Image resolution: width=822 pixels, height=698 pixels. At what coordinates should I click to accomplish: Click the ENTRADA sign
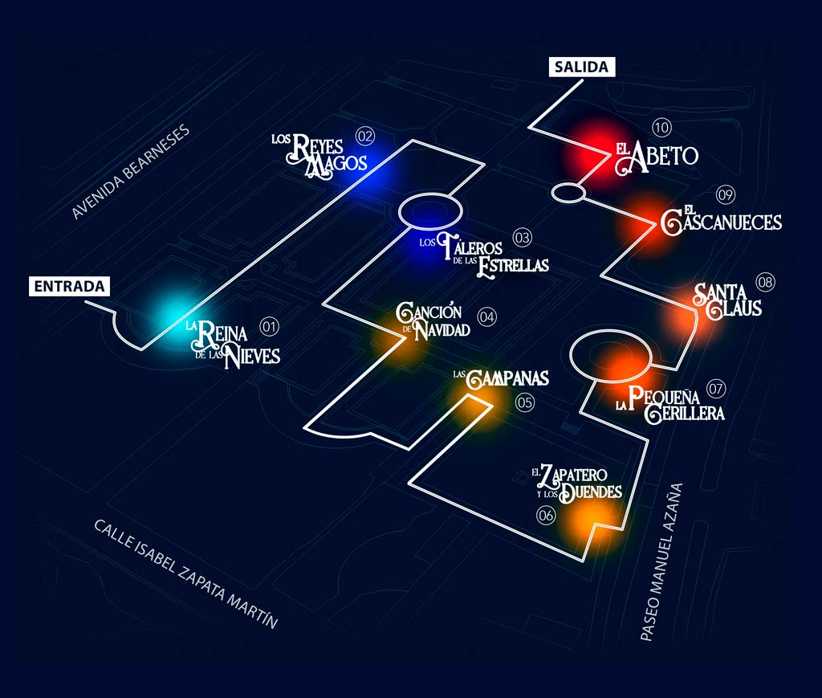coord(69,286)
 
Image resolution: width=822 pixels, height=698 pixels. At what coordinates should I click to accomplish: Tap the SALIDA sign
coord(582,67)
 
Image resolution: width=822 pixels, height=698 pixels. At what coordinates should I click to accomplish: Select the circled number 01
coord(270,327)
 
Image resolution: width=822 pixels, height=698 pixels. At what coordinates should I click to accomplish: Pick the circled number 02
coord(365,137)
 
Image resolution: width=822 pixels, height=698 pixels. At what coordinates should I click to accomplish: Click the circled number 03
coord(522,238)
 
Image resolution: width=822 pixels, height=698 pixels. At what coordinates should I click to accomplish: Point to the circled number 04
coord(487,316)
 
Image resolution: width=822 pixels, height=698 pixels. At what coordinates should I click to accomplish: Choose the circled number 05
coord(525,402)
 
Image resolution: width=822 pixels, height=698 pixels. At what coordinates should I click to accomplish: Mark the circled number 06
coord(546,515)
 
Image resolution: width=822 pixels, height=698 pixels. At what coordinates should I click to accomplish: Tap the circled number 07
coord(716,389)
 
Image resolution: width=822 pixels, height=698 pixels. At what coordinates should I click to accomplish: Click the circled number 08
coord(765,282)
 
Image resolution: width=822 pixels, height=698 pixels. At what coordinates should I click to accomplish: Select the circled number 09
coord(726,195)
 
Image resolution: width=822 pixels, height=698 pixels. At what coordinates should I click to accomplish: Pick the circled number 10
coord(661,127)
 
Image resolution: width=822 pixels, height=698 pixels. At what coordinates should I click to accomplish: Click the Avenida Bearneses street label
coord(130,172)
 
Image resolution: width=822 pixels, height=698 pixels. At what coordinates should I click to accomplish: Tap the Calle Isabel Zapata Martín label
coord(185,574)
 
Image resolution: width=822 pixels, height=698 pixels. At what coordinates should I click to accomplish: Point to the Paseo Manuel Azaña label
coord(661,561)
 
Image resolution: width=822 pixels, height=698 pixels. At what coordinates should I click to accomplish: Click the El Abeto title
coord(657,157)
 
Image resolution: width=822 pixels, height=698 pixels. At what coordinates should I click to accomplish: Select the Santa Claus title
coord(727,301)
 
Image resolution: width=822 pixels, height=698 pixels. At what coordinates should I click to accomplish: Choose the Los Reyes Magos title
coord(319,156)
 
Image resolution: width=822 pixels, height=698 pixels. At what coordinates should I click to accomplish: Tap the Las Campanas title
coord(501,378)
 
